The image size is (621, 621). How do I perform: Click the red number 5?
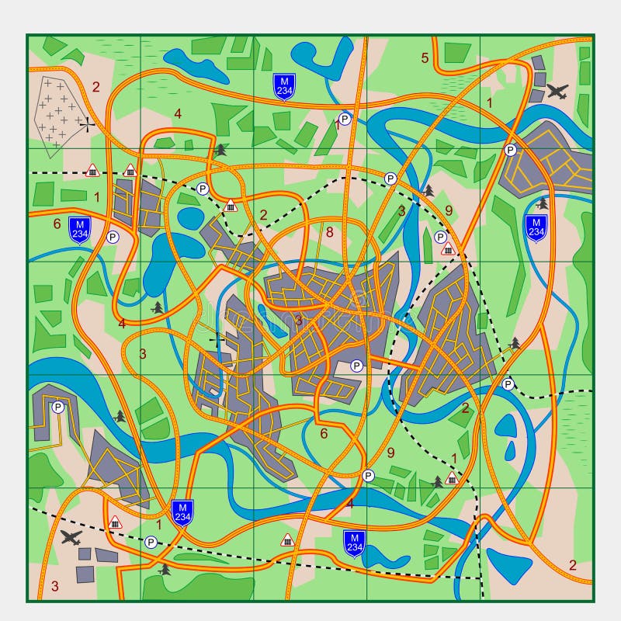pos(425,57)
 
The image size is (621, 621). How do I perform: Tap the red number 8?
pos(329,231)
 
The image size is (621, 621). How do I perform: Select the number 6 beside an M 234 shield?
pos(57,224)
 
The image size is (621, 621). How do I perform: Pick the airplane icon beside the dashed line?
pos(71,537)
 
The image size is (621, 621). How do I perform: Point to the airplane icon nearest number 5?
pos(557,91)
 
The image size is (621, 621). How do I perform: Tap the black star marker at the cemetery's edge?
pos(88,122)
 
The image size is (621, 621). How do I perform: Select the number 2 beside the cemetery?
pos(96,87)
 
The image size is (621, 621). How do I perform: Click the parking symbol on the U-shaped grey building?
pos(57,407)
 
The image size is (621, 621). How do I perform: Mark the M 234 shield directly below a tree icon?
pos(535,227)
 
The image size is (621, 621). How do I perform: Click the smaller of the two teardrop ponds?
pos(512,450)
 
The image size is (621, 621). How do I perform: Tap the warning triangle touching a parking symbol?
pos(447,248)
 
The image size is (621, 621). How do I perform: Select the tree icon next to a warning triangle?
pos(437,481)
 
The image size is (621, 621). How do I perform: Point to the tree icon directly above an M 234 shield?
pos(542,203)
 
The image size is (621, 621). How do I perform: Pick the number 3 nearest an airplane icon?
pos(54,586)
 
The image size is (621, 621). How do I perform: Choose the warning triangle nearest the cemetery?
pos(92,170)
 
